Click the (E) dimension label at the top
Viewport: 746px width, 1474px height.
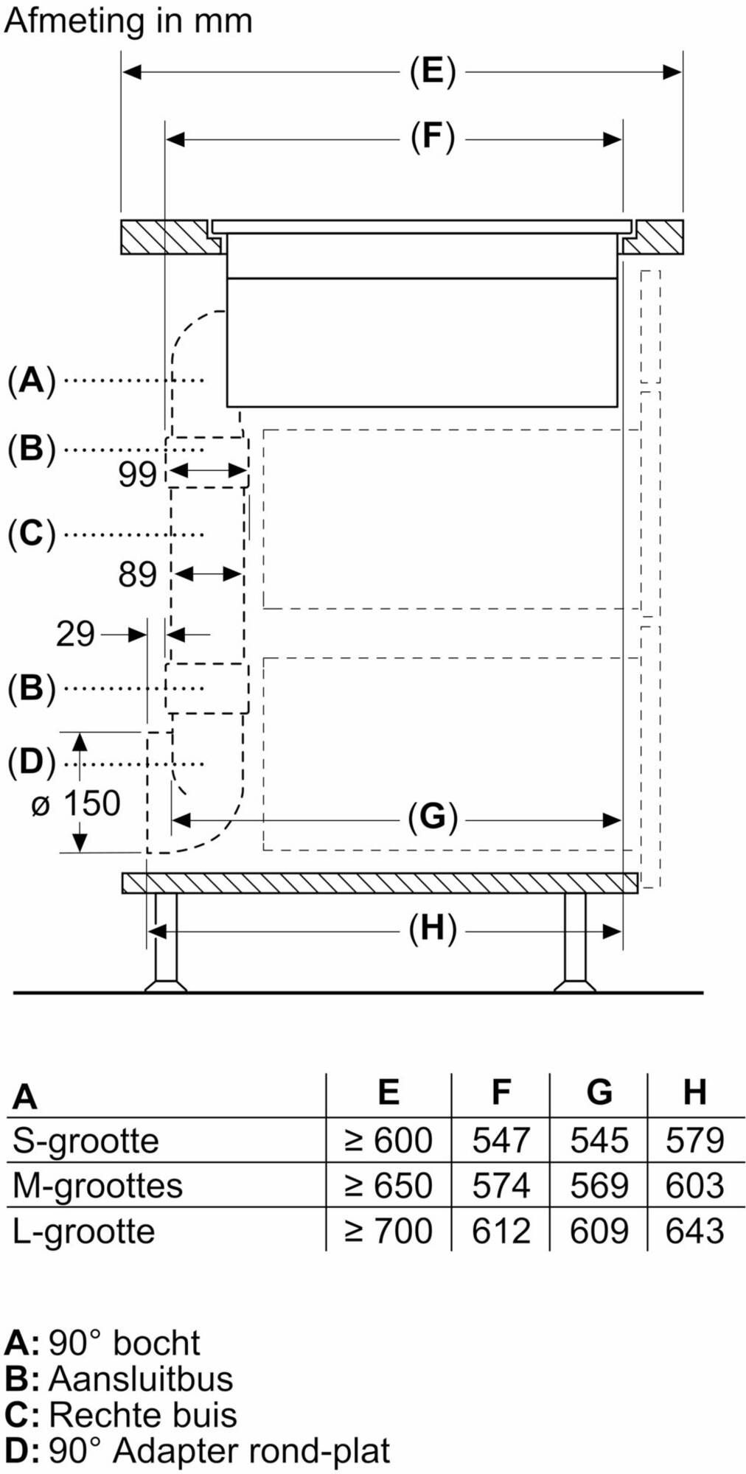(x=433, y=72)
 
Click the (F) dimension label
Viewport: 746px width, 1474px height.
(x=433, y=138)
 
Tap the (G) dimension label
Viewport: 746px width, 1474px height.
(x=433, y=817)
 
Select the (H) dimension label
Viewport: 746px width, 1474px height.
(x=433, y=929)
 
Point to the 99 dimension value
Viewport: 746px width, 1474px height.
(x=138, y=475)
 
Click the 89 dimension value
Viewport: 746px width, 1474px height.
(x=138, y=575)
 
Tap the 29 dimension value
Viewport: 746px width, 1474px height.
(x=75, y=635)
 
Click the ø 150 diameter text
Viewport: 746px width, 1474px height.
(x=76, y=804)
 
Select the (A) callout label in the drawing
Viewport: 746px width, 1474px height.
(x=32, y=381)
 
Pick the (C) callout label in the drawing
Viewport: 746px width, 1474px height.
(x=32, y=534)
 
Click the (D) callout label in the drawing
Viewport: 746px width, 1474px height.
(x=32, y=762)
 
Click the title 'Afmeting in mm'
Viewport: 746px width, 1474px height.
(x=128, y=21)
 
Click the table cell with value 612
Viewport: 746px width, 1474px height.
(x=501, y=1232)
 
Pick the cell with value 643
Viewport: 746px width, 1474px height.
(x=695, y=1232)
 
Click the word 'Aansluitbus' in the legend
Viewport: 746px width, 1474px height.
(x=141, y=1379)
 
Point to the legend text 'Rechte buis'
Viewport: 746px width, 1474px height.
(x=143, y=1415)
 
